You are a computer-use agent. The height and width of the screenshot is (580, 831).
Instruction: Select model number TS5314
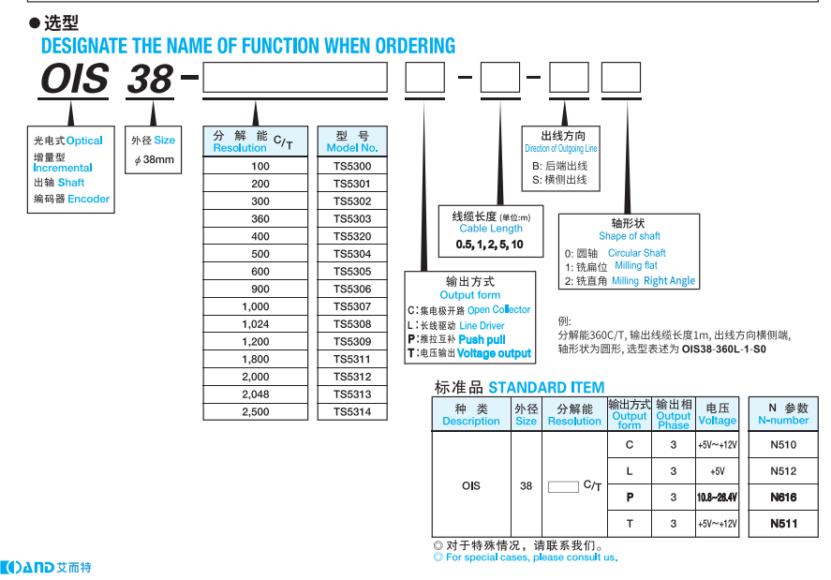[x=352, y=411]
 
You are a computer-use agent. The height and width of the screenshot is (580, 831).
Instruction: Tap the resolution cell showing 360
[x=260, y=218]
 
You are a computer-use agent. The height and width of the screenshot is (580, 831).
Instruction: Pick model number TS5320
[x=352, y=236]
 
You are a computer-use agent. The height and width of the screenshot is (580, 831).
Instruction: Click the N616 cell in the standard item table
[x=783, y=498]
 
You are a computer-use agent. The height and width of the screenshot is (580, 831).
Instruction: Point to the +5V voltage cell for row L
[x=717, y=471]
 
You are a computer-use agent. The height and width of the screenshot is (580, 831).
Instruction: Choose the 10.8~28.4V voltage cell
[x=717, y=498]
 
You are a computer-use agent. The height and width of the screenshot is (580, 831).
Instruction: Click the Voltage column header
[x=717, y=415]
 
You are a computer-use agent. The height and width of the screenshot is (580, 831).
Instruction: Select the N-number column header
[x=783, y=415]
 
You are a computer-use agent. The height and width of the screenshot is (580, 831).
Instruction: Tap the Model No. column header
[x=352, y=141]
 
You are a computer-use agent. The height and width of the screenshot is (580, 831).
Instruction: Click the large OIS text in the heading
[x=75, y=80]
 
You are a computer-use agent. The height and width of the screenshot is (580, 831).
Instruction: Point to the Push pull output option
[x=482, y=339]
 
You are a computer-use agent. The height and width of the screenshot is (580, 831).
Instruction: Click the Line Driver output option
[x=482, y=325]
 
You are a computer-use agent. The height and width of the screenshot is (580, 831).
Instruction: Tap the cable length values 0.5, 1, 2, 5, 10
[x=489, y=244]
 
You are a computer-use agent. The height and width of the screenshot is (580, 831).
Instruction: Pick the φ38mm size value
[x=155, y=159]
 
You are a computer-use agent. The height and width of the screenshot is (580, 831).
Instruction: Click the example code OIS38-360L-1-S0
[x=723, y=349]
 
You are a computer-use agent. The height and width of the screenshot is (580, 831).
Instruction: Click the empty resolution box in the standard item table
[x=562, y=485]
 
